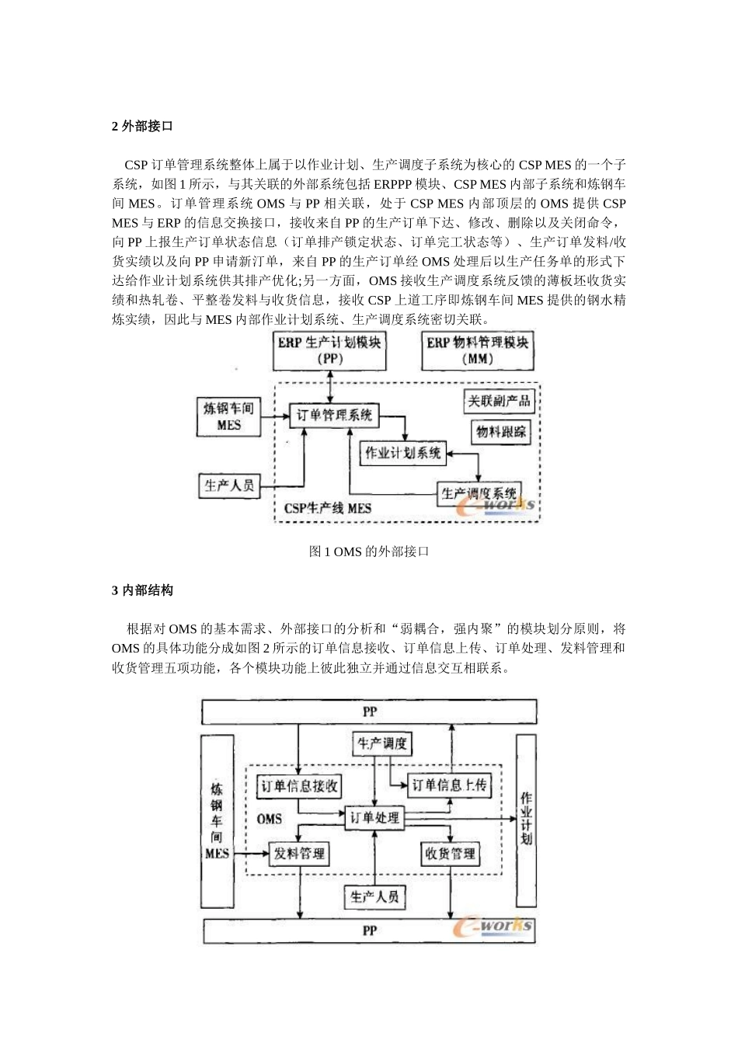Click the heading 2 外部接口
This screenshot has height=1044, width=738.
[x=142, y=126]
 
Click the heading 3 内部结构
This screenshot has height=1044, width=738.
[x=142, y=590]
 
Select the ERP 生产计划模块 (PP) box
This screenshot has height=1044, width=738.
[x=330, y=350]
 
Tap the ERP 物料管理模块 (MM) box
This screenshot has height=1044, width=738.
[x=477, y=350]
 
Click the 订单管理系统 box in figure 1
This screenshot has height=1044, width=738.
[x=334, y=415]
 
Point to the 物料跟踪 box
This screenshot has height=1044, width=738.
[x=500, y=431]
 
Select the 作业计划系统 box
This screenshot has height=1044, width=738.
[x=403, y=452]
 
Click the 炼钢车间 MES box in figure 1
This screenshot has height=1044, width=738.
[x=228, y=416]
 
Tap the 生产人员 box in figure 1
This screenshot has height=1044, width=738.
[x=228, y=485]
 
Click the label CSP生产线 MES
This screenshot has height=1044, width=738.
[x=327, y=509]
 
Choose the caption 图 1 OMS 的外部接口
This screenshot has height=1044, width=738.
[x=368, y=552]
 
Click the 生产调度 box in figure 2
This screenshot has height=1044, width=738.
[x=381, y=743]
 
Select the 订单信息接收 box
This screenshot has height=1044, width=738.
[x=299, y=786]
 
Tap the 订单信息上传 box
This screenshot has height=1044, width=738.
[x=449, y=785]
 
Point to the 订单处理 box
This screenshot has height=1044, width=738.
[x=374, y=817]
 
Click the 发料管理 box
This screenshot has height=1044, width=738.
[x=299, y=854]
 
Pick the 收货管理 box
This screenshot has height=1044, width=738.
[x=450, y=854]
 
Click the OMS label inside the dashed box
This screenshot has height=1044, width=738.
[x=270, y=819]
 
